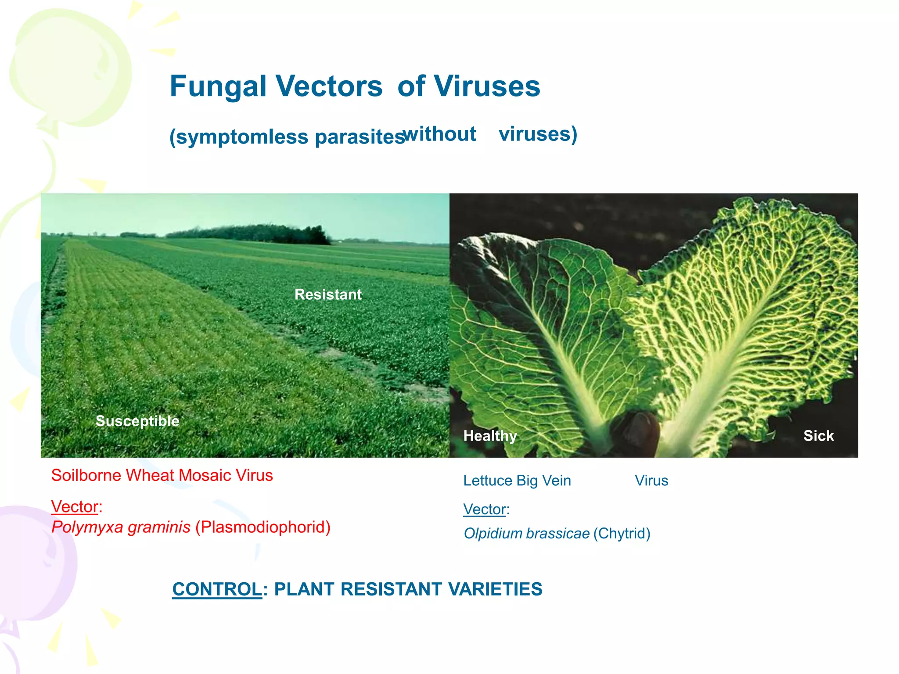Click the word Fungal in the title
point(218,86)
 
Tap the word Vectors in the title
point(329,86)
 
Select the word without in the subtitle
point(440,134)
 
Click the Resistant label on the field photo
point(328,294)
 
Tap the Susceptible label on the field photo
point(137,421)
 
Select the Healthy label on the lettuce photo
point(490,436)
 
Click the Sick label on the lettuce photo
point(818,436)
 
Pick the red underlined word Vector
point(75,507)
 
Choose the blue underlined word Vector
point(485,509)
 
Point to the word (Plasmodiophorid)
point(263,527)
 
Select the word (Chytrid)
point(622,534)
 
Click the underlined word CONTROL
point(217,589)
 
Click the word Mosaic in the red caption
point(205,476)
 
